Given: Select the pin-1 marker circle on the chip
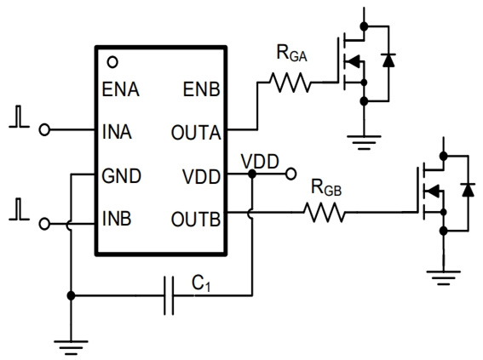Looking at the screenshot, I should coord(112,63).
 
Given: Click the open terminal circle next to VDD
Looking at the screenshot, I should coord(291,174).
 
